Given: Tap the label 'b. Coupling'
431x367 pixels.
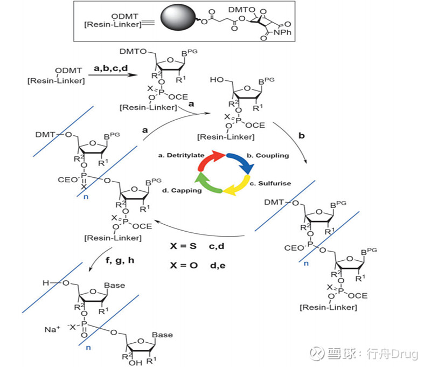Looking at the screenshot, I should pos(267,155).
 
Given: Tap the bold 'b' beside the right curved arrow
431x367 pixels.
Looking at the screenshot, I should pos(301,136).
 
